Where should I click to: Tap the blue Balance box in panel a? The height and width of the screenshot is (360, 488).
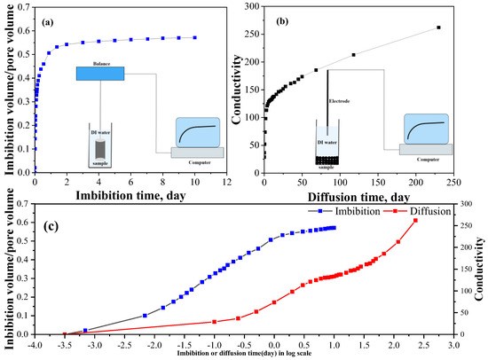click(x=99, y=73)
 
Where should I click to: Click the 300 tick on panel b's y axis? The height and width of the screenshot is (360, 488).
click(x=252, y=7)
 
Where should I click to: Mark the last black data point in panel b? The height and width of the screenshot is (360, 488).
click(x=438, y=27)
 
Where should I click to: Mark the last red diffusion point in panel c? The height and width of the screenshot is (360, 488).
click(x=415, y=221)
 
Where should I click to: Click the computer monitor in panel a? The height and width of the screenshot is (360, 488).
click(x=198, y=132)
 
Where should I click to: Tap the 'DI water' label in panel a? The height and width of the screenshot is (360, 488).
click(x=99, y=133)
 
